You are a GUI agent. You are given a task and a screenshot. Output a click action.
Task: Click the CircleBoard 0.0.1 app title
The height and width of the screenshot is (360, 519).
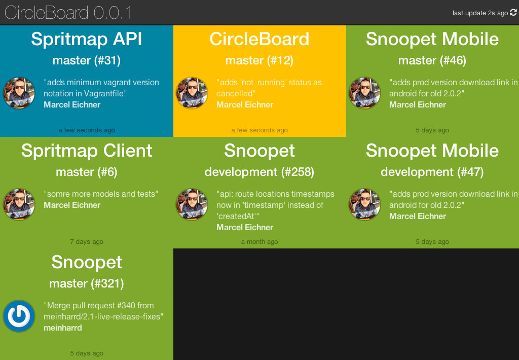click(x=68, y=12)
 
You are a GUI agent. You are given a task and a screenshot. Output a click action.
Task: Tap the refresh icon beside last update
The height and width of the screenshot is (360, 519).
click(x=513, y=13)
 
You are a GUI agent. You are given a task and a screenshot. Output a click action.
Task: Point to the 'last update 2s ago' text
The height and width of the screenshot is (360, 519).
click(x=480, y=13)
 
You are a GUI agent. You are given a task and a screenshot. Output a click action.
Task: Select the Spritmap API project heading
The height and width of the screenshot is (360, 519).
click(x=87, y=39)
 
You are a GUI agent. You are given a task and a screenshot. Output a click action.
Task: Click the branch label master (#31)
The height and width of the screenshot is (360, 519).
click(x=87, y=61)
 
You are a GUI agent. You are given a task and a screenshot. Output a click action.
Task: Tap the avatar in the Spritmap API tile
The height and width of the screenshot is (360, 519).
click(x=19, y=93)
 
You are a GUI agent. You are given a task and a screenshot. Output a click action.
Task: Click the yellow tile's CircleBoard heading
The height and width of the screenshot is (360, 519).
click(x=259, y=39)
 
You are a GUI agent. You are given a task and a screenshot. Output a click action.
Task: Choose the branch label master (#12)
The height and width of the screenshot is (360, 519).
click(x=259, y=61)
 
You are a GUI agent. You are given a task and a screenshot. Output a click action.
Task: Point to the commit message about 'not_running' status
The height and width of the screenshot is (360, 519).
click(x=269, y=88)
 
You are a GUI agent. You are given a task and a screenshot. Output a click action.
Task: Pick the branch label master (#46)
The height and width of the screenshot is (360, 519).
click(x=432, y=61)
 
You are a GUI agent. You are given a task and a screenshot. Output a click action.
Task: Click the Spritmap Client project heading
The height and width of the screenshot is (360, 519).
click(x=87, y=151)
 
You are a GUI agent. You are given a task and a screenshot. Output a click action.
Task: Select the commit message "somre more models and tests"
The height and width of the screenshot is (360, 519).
click(x=101, y=194)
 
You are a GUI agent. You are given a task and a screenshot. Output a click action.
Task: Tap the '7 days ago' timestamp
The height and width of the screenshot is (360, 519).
click(x=87, y=242)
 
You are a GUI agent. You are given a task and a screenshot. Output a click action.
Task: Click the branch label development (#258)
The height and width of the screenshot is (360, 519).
click(x=259, y=172)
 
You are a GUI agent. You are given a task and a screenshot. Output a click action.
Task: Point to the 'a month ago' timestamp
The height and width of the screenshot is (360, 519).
click(x=259, y=242)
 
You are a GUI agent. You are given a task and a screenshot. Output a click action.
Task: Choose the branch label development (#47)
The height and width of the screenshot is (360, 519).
click(x=432, y=172)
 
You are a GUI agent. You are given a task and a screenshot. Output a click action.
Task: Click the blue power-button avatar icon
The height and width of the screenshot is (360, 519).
click(x=19, y=316)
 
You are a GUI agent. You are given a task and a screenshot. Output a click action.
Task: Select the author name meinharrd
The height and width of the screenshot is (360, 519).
click(x=63, y=328)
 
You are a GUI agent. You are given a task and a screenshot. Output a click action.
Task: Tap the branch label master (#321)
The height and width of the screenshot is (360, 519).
click(x=87, y=284)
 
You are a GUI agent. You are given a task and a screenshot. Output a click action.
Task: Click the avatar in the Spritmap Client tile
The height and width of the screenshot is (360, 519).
click(x=19, y=204)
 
